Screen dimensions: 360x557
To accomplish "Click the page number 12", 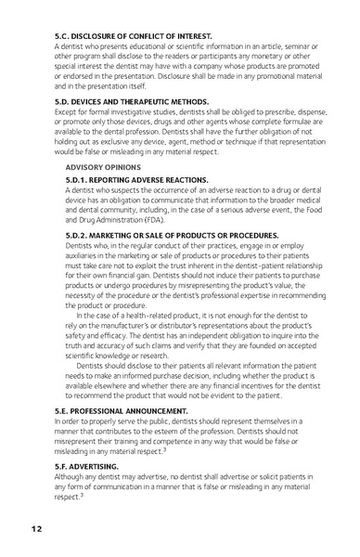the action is click(34, 529).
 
